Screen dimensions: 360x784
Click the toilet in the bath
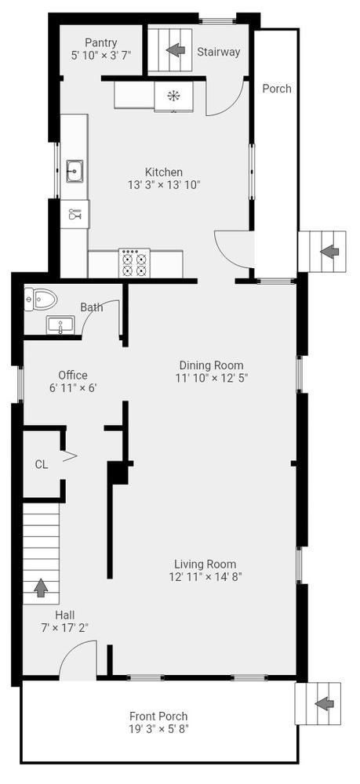point(41,299)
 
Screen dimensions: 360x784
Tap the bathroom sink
point(60,325)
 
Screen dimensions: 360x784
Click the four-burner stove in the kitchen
point(134,263)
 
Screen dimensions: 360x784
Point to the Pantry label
point(101,42)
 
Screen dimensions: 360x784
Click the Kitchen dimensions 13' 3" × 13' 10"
point(164,184)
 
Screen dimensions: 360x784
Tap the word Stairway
point(219,52)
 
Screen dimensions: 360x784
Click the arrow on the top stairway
point(174,50)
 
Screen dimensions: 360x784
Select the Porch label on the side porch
point(277,89)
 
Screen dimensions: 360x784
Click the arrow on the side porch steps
point(328,252)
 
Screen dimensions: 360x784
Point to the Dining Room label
point(212,365)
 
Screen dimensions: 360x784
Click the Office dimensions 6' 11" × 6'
point(73,387)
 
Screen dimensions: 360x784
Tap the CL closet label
point(42,464)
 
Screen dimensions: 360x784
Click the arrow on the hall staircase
point(41,588)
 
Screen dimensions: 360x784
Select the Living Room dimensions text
point(205,576)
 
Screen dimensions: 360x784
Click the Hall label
point(65,615)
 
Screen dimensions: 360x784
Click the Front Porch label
point(158,717)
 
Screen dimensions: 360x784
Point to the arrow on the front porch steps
point(325,704)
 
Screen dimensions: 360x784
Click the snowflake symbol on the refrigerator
point(174,96)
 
